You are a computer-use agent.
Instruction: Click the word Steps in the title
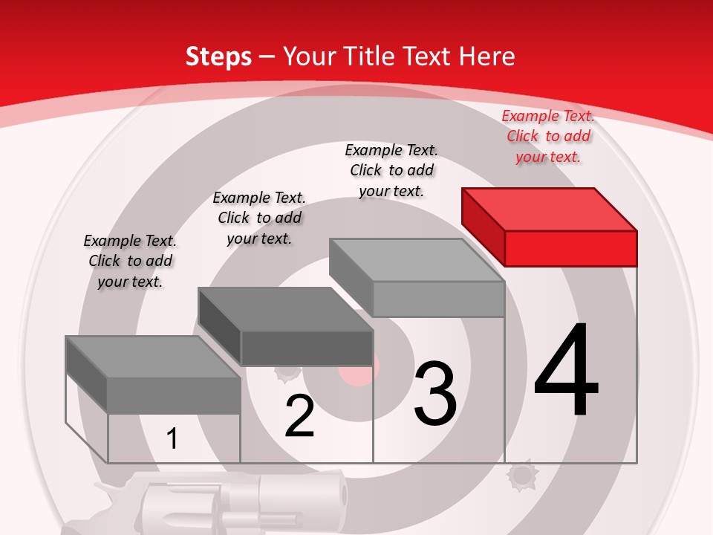pos(218,56)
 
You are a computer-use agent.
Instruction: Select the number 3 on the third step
pos(434,394)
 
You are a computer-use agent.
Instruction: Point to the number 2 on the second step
pos(299,416)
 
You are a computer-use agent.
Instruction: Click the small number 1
pos(172,438)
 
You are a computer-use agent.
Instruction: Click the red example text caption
pos(548,136)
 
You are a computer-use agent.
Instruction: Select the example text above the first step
pos(130,261)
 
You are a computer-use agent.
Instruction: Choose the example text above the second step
pos(259,218)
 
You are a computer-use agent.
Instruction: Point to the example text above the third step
pos(391,170)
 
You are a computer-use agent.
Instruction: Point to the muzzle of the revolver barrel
pos(342,494)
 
